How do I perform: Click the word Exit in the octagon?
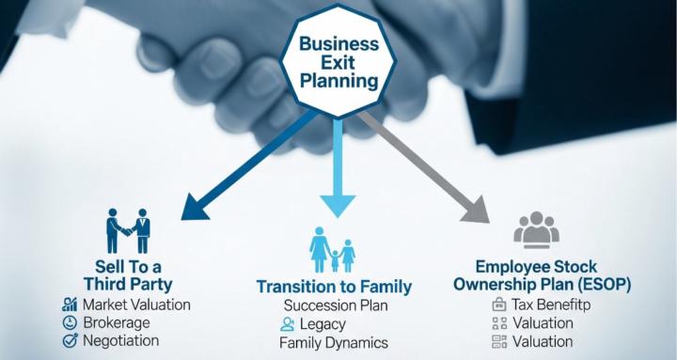point(338,62)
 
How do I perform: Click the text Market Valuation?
point(136,305)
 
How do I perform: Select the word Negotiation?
point(121,340)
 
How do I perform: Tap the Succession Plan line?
point(337,305)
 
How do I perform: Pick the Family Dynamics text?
point(333,343)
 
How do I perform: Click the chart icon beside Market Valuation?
point(69,305)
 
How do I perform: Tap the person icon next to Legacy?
point(289,324)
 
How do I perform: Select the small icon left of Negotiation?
point(69,340)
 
